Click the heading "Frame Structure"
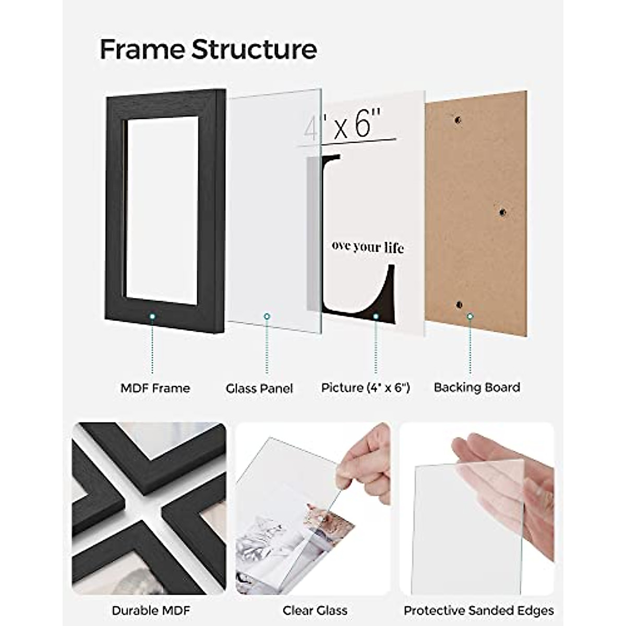point(208,50)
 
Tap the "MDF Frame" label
point(155,388)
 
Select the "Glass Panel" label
point(259,389)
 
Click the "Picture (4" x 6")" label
point(366,388)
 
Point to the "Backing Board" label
point(477,388)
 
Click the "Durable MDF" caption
point(151,610)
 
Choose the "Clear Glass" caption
point(315,610)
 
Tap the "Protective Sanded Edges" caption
point(478,610)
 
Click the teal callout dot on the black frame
point(152,316)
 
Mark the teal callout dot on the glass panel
point(267,316)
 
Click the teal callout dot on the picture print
point(375,316)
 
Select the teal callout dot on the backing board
point(470,316)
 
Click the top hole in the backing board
point(458,120)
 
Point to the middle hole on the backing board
point(502,212)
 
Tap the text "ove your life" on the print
point(367,247)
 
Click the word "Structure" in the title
point(254,50)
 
